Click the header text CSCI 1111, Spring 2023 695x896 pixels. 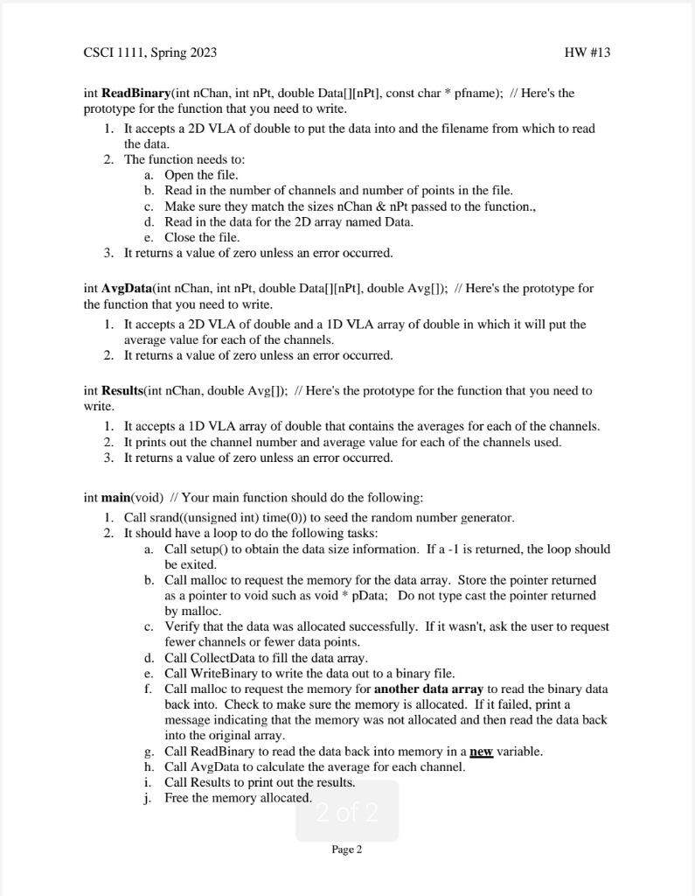point(149,52)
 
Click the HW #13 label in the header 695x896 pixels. point(587,52)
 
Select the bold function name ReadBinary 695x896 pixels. point(136,93)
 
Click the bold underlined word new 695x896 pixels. point(482,752)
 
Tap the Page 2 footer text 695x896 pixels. point(347,850)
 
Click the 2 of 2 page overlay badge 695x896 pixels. point(347,813)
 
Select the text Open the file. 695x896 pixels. point(201,175)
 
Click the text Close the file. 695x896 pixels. point(202,237)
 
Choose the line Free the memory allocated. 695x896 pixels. point(238,798)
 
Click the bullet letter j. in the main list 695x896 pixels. point(148,798)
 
